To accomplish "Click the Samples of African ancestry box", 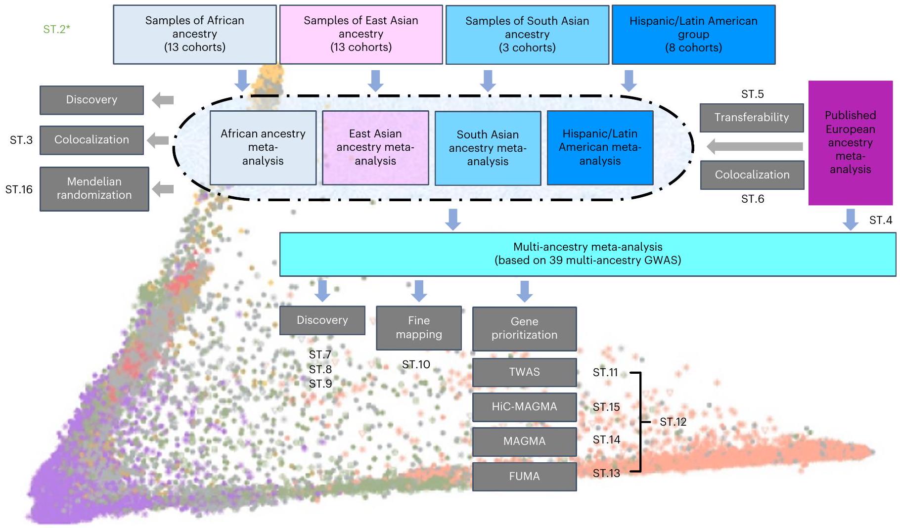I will (194, 34).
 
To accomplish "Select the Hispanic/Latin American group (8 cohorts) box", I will (693, 35).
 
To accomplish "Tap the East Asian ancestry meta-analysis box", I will (375, 147).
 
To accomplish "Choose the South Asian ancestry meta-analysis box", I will (488, 148).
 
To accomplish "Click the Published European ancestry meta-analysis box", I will (850, 142).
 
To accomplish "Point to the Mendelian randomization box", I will (94, 188).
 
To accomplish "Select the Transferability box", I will (751, 118).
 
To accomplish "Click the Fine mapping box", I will (419, 328).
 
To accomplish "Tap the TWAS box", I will (524, 372).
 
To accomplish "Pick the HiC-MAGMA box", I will (524, 407).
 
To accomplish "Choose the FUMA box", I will (524, 476).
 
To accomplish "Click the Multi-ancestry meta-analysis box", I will (587, 254).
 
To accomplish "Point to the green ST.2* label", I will (56, 29).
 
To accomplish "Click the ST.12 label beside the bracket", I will (673, 422).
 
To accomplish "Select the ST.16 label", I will (19, 189).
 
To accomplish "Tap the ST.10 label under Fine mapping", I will (416, 365).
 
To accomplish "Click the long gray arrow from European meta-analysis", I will (755, 146).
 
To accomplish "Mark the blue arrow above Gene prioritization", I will (524, 291).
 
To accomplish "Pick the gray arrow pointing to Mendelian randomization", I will (163, 189).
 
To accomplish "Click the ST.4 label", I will (881, 220).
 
